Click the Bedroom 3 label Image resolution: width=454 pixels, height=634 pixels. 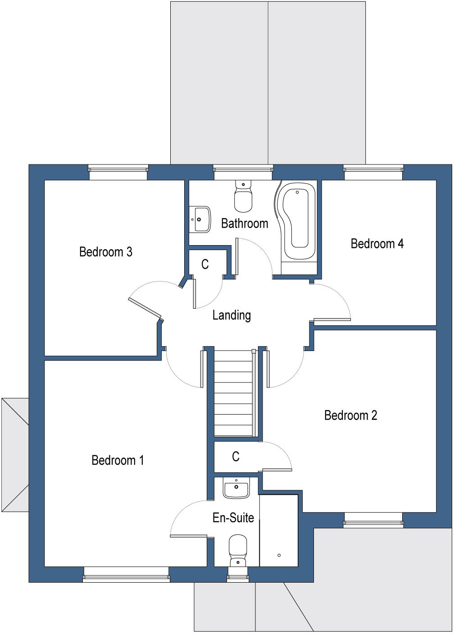point(105,251)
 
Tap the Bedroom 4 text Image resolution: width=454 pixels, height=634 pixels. point(377,244)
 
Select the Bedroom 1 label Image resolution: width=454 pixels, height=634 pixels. point(117,460)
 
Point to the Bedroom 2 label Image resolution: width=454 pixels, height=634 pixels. point(350,415)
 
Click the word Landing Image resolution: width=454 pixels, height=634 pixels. point(232,315)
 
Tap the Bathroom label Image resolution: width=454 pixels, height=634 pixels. point(245,223)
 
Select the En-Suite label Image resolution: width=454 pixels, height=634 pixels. point(233,518)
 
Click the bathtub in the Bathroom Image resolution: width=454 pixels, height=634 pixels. point(297,221)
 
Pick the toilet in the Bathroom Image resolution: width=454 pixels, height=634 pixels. point(243,196)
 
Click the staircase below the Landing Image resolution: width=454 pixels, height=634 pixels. point(233,392)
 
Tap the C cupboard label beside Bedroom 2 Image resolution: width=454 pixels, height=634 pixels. point(236,457)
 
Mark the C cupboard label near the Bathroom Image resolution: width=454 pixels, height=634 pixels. point(205,264)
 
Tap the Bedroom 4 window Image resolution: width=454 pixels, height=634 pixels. point(373,169)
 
